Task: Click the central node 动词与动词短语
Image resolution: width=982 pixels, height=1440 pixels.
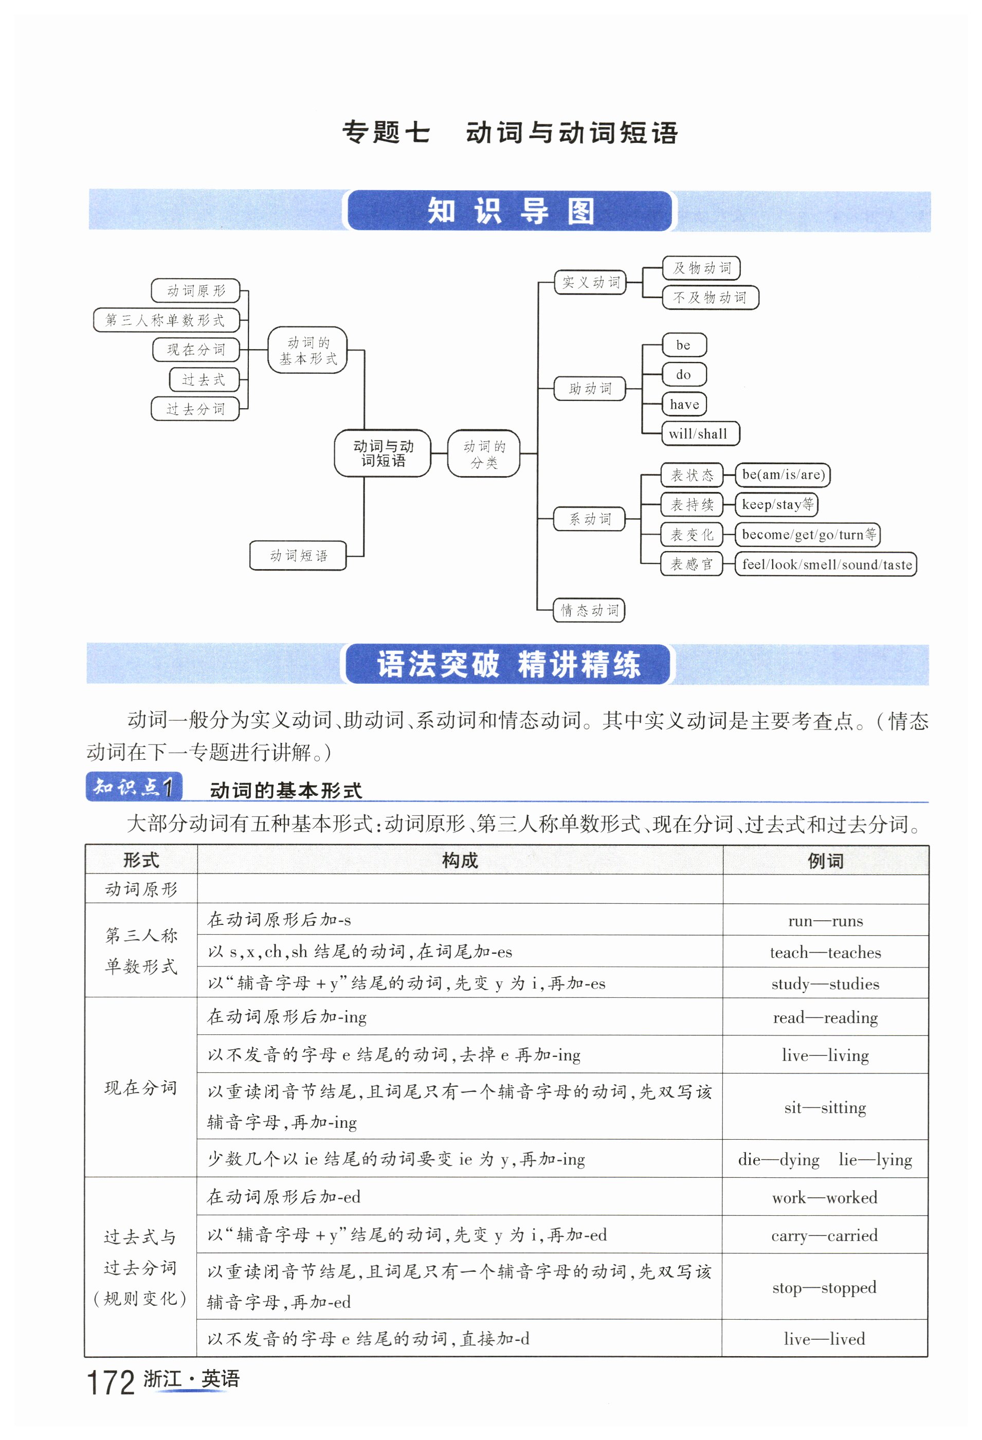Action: pos(383,453)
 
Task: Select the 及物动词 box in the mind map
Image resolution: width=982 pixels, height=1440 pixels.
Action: pos(701,268)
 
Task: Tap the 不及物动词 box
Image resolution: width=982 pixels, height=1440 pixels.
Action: pos(710,298)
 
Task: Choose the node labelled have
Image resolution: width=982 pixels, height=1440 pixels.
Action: pos(683,404)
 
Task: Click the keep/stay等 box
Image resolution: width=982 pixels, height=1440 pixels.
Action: pos(776,504)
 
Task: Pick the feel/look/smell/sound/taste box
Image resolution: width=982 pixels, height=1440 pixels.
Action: pos(825,564)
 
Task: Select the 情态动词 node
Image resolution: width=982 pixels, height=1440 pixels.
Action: pos(589,610)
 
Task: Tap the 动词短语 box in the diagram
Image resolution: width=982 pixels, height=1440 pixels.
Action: pos(298,555)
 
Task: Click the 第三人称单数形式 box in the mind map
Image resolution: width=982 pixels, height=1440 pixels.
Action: pos(166,320)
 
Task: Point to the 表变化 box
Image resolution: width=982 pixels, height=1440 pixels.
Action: pos(692,534)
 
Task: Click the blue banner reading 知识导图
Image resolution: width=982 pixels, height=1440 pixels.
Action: pos(510,211)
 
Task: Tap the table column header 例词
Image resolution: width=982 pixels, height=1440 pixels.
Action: pos(825,860)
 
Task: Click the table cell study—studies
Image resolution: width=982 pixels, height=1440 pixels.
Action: pos(825,983)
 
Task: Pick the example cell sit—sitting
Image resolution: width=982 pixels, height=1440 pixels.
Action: pos(825,1107)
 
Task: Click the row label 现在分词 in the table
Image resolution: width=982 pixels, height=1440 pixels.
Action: pos(141,1087)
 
